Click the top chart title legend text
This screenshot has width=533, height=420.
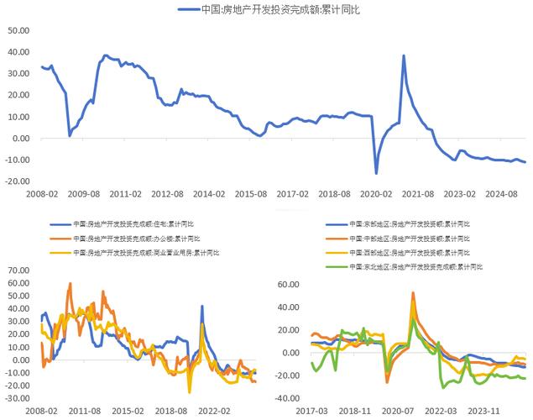(277, 9)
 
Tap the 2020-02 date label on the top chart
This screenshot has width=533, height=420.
(375, 193)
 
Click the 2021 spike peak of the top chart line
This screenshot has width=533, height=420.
(404, 56)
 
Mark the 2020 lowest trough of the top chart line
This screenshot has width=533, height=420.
(376, 173)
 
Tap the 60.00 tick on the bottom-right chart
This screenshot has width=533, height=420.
(289, 284)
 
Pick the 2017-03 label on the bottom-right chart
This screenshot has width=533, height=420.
(311, 412)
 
